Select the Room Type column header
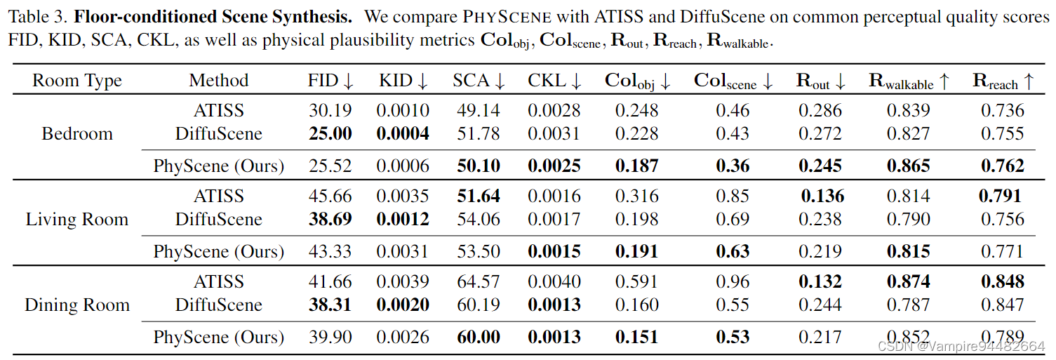[77, 81]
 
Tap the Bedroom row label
[77, 134]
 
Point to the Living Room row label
[77, 220]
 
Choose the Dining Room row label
[77, 305]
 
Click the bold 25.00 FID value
[330, 134]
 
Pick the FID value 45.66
[330, 196]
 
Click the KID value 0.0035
[403, 196]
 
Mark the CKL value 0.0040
[554, 282]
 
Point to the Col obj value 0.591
[637, 282]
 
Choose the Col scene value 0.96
[733, 282]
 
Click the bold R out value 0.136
[822, 196]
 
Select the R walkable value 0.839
[909, 111]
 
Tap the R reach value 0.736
[1003, 111]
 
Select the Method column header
[219, 81]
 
